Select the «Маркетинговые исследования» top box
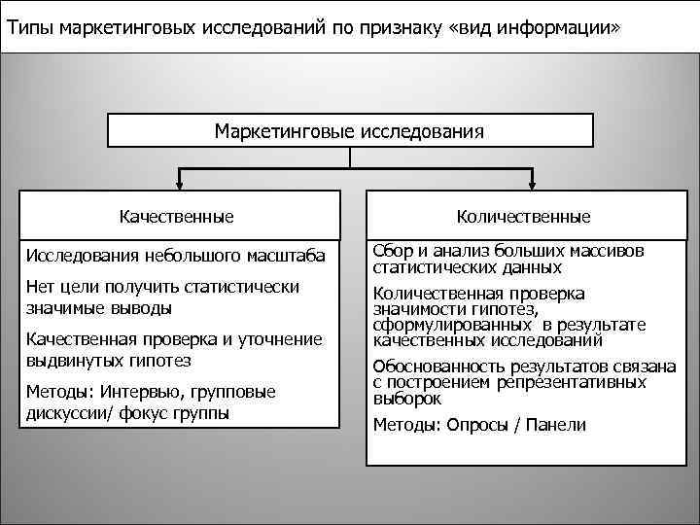click(x=349, y=129)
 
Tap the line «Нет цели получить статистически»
click(x=162, y=287)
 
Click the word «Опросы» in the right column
click(x=480, y=425)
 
